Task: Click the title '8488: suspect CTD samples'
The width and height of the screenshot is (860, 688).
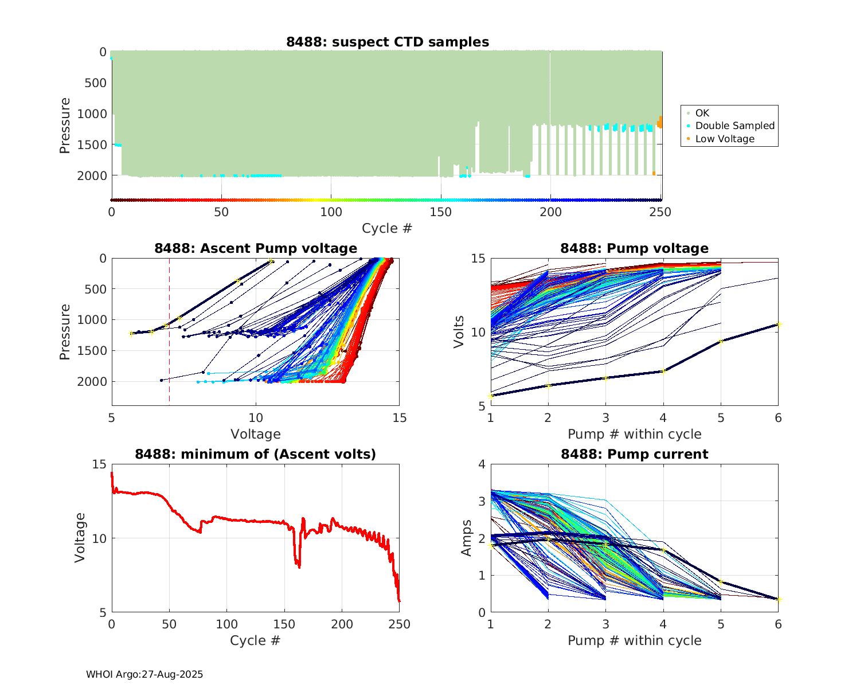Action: point(388,42)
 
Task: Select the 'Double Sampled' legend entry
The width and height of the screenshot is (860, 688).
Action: point(734,126)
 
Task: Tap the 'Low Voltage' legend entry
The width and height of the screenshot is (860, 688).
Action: point(725,139)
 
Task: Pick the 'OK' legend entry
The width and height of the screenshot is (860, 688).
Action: point(702,113)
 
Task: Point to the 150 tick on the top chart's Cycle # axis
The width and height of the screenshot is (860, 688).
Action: point(440,212)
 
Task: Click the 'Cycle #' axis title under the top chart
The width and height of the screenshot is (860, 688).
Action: point(387,228)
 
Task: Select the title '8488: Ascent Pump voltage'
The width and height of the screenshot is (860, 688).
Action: point(256,248)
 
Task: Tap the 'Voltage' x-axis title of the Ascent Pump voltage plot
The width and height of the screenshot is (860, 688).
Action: point(256,434)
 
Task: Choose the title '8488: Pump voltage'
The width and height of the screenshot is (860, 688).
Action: point(634,248)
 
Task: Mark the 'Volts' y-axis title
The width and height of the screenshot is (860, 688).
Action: point(459,332)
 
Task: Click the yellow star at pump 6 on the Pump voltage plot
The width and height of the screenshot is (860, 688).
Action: point(778,325)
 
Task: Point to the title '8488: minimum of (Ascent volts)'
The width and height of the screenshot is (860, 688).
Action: point(256,454)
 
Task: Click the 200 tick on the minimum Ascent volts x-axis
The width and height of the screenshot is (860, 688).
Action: point(342,624)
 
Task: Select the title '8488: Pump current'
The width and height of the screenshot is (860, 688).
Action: point(634,454)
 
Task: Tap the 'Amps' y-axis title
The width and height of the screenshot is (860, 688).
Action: point(467,538)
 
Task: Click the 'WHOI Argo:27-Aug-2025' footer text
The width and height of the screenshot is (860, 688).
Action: point(144,674)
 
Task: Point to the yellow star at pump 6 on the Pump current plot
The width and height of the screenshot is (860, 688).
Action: point(778,599)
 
